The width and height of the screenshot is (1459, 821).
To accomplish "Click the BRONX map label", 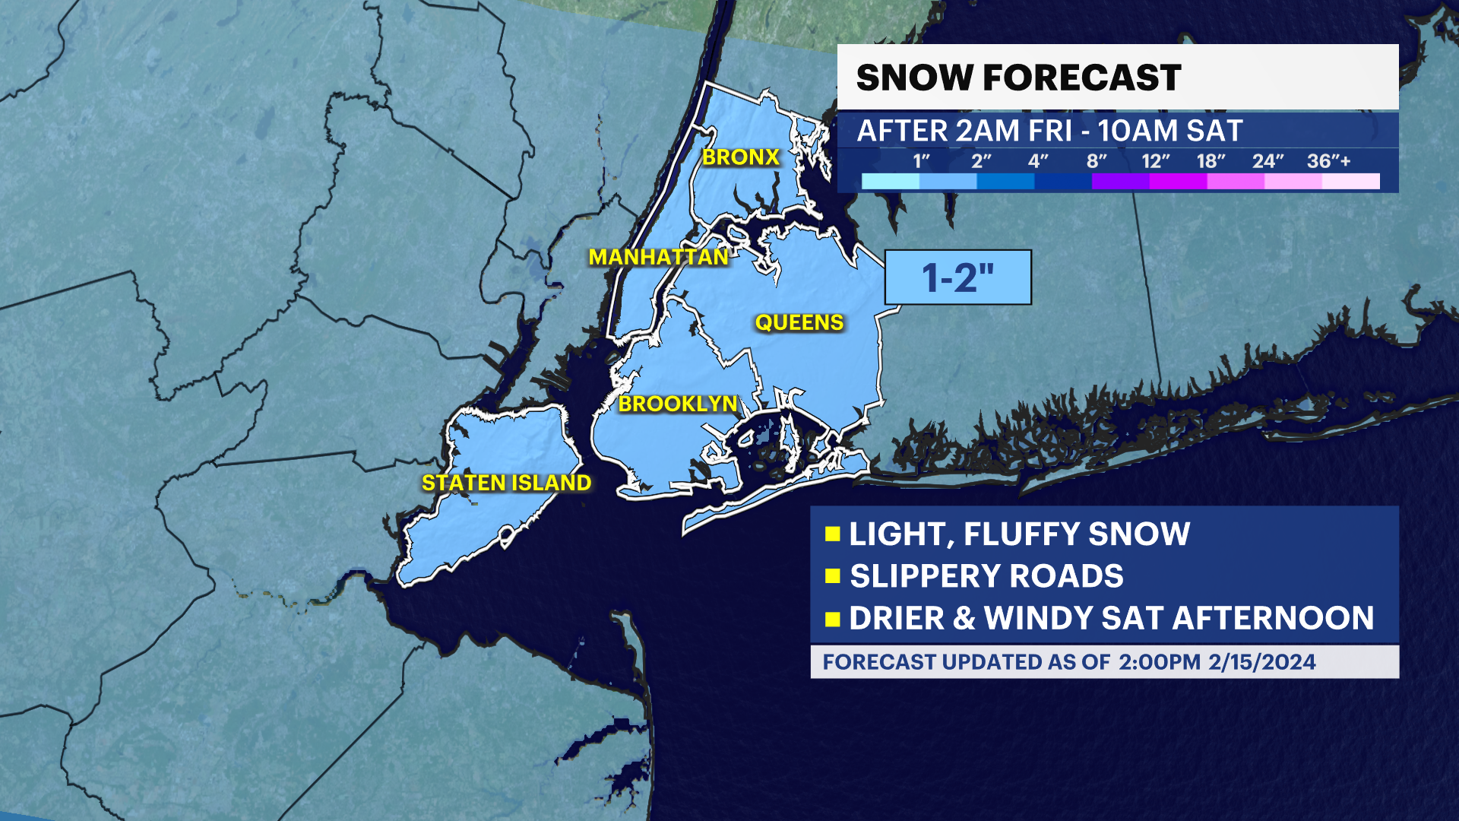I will coord(741,157).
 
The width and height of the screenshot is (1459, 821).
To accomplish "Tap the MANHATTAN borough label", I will coord(659,258).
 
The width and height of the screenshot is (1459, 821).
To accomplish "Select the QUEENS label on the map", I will coord(799,323).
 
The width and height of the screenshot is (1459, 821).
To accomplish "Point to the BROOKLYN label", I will coord(678,404).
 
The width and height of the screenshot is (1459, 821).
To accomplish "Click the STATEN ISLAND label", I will coord(506,483).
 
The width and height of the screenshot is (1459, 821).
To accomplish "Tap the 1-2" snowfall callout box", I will coord(957,277).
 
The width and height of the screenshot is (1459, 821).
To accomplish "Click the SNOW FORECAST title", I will coord(1018,78).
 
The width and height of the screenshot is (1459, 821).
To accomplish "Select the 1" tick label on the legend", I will coord(921,161).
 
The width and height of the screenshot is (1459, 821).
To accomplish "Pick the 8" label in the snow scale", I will coord(1096,161).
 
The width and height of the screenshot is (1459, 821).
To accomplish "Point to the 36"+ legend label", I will coord(1328,161).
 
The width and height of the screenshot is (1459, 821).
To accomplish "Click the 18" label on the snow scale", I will coord(1211,161).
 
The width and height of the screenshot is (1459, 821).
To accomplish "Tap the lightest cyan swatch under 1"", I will coord(891,182).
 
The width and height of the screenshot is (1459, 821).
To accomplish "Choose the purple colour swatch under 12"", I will coord(1121,182).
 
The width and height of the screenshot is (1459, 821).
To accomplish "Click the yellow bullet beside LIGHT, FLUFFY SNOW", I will coord(832,534).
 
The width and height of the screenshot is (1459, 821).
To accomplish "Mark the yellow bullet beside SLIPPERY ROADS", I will coord(832,576).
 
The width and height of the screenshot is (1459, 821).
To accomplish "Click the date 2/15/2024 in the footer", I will coord(1262,662).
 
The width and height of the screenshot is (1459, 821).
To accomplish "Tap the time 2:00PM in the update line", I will coord(1160,662).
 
